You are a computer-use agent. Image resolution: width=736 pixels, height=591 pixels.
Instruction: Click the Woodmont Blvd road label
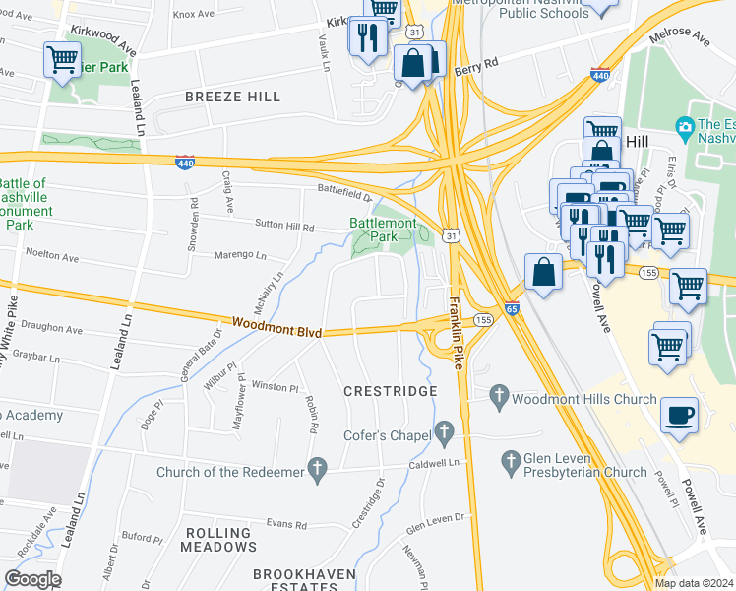277,324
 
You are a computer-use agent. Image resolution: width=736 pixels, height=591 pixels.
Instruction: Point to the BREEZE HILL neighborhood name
232,98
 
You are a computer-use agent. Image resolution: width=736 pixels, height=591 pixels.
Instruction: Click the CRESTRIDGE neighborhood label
390,391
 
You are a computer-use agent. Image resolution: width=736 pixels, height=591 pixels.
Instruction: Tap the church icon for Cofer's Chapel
444,431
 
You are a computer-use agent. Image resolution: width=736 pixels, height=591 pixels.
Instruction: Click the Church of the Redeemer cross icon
317,472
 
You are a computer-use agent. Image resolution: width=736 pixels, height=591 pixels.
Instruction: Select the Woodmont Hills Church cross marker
499,398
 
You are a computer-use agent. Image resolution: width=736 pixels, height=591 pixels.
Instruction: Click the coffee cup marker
678,415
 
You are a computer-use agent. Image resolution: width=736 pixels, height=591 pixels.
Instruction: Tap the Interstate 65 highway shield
512,308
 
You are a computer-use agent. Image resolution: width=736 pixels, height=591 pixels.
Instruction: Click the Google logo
32,579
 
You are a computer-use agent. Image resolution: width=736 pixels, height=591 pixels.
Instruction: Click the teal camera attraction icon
686,126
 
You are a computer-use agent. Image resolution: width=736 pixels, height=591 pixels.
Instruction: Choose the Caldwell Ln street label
436,462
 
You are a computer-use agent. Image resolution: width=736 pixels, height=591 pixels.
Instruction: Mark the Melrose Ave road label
680,39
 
